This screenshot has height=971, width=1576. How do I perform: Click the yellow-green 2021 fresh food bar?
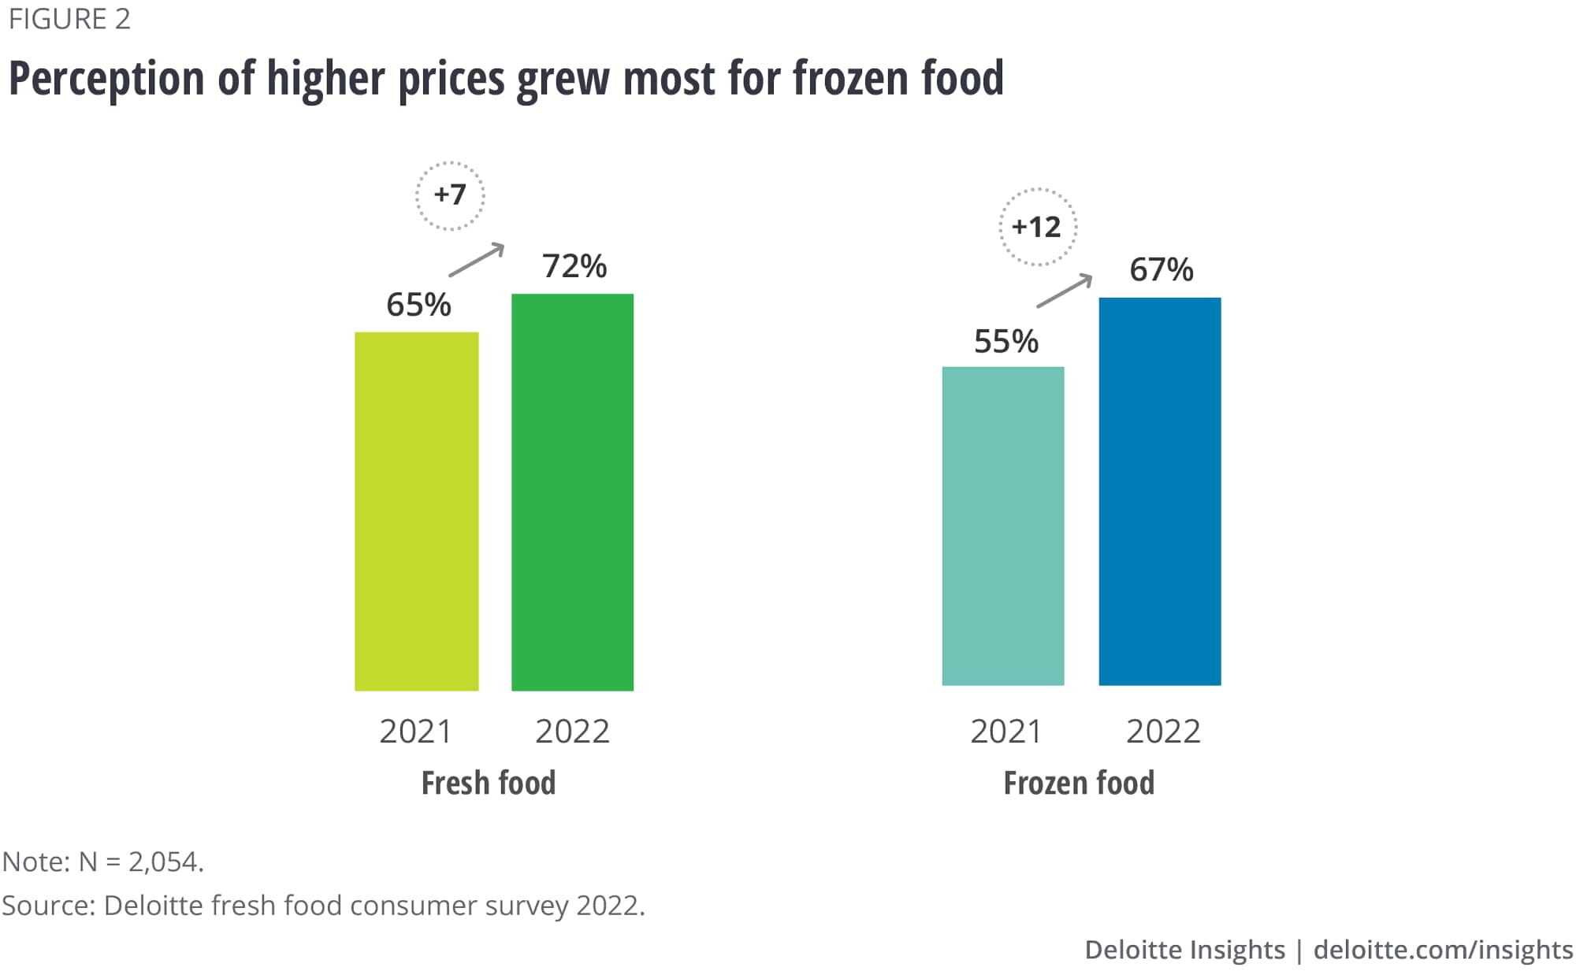click(x=416, y=511)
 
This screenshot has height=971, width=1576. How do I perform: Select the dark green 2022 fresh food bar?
click(x=572, y=492)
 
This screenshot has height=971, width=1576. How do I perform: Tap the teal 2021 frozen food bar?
click(x=1002, y=525)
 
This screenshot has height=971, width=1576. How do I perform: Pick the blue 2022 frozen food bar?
click(x=1159, y=491)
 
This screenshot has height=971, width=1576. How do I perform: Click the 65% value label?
click(x=418, y=305)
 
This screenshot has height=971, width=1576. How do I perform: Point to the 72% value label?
click(x=574, y=266)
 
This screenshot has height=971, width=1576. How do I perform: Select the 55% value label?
click(x=1005, y=341)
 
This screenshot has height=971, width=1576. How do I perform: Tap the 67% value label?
click(x=1161, y=269)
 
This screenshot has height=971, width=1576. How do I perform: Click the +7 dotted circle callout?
click(x=450, y=195)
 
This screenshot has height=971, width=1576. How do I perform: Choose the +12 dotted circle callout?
click(x=1037, y=227)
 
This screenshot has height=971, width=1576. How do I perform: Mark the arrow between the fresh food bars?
click(x=476, y=260)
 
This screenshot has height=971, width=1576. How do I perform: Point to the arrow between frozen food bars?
click(x=1064, y=291)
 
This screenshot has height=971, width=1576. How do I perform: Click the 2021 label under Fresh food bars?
click(x=415, y=732)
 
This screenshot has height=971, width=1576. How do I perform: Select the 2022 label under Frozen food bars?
click(x=1163, y=732)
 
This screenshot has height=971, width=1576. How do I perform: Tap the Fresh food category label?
click(x=489, y=783)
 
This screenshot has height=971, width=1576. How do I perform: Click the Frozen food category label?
click(x=1079, y=783)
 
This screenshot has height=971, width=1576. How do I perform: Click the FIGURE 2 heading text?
click(x=69, y=19)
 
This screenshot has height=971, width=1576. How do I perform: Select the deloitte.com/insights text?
click(x=1443, y=949)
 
